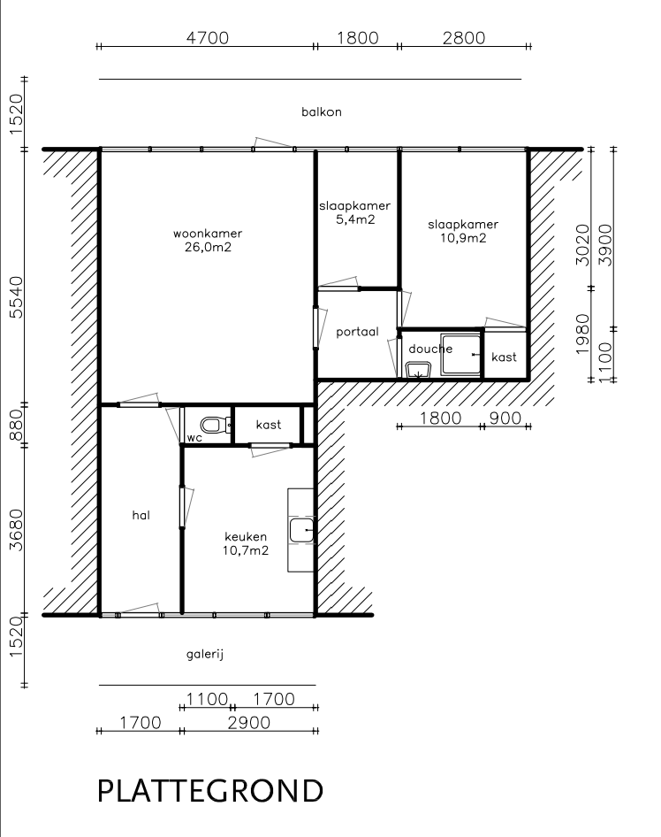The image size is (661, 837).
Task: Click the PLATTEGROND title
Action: click(210, 791)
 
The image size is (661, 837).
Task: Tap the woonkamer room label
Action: click(208, 234)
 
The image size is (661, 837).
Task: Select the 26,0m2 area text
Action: click(208, 247)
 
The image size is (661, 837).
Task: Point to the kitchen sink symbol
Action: click(301, 530)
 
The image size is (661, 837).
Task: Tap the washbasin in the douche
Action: click(419, 369)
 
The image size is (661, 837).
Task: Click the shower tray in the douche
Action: click(460, 355)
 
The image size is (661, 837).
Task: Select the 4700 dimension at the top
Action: click(208, 38)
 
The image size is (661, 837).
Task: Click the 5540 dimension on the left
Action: click(17, 296)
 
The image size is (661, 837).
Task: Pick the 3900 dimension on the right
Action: click(605, 244)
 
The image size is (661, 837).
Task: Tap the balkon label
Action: click(322, 112)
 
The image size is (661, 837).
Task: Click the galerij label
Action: click(205, 655)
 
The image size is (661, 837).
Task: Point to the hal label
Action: click(141, 515)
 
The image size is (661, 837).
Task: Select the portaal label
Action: click(357, 332)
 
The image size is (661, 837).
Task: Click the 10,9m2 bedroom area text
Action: click(463, 238)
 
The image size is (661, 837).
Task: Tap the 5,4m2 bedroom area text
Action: click(355, 219)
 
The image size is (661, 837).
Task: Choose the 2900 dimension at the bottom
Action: click(249, 723)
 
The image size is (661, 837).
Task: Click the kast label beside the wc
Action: click(268, 425)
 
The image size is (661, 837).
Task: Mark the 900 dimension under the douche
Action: click(505, 418)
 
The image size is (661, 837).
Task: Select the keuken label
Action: click(246, 536)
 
